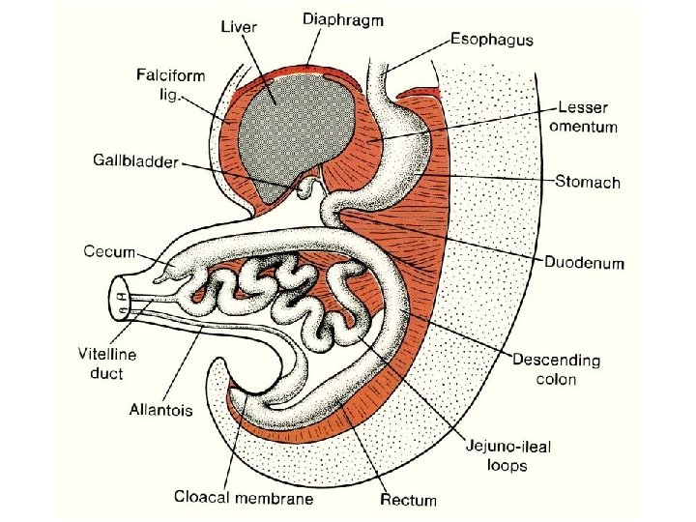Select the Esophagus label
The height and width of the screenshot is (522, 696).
pos(491,40)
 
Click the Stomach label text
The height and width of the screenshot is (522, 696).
pos(588,182)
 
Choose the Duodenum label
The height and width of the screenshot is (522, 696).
pos(585,262)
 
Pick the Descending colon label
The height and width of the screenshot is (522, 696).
pos(556,369)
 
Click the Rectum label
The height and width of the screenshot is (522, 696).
pos(408,500)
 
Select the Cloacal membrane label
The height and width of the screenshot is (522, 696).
pos(244,498)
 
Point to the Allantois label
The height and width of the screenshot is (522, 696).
pos(160,410)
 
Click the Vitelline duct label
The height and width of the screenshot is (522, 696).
pos(106,362)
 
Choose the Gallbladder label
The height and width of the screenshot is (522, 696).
pos(135,162)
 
